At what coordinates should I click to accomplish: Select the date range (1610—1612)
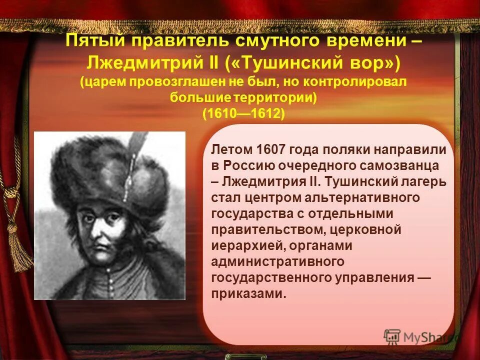click(x=243, y=113)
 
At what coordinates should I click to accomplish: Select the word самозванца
click(x=399, y=165)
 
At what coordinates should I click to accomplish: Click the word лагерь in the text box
click(x=424, y=181)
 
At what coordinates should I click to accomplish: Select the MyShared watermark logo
click(x=420, y=336)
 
